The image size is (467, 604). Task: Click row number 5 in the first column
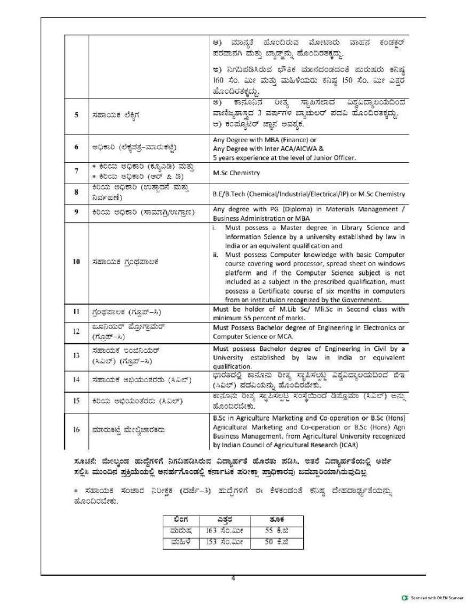76,115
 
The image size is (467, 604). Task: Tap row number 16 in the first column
76,429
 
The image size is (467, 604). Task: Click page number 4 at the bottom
233,579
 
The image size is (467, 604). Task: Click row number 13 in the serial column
76,356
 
